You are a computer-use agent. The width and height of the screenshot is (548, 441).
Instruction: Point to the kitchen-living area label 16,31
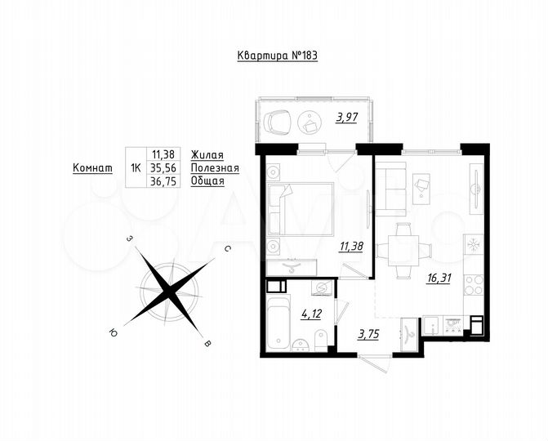pos(437,278)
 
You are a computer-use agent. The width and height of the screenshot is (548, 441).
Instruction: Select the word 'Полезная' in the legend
pos(214,167)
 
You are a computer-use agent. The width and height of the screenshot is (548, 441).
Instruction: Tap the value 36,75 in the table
pos(163,181)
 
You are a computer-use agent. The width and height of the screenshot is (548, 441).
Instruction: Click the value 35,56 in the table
pos(163,167)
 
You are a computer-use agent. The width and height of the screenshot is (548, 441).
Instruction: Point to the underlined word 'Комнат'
pos(92,167)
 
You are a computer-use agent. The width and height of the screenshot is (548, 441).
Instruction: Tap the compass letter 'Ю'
pos(112,332)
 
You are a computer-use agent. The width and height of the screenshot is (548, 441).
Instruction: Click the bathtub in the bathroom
pos(278,323)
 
